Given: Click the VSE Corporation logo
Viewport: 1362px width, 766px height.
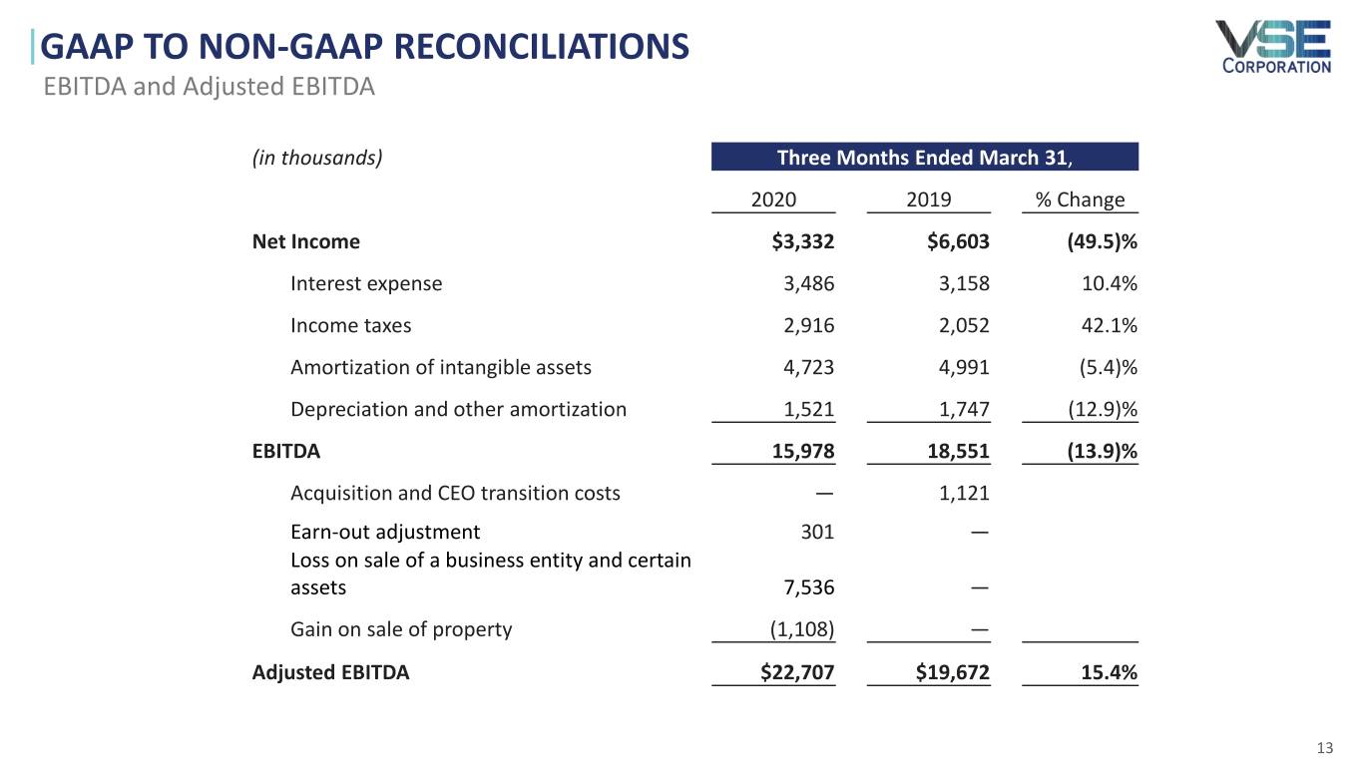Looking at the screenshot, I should [x=1272, y=46].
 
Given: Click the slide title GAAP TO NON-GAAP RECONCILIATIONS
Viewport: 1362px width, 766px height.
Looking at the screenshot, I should [x=366, y=46].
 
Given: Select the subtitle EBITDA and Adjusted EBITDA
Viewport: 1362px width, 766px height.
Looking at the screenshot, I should [x=209, y=87].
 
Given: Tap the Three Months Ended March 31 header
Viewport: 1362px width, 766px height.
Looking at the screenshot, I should [x=924, y=157].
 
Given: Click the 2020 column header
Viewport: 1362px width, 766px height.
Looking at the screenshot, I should [x=773, y=199].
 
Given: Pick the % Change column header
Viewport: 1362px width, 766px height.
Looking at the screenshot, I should [x=1080, y=199].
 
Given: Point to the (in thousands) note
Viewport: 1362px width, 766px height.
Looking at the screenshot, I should [x=317, y=157].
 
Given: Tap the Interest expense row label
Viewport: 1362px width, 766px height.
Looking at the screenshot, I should [x=365, y=283].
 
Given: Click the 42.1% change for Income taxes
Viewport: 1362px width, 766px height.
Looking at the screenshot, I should [x=1110, y=325].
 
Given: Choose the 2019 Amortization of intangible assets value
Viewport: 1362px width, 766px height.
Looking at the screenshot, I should [x=964, y=367].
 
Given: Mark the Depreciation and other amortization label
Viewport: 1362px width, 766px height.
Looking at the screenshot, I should [x=458, y=409].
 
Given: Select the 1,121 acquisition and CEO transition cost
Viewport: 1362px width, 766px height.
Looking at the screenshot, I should [x=964, y=493].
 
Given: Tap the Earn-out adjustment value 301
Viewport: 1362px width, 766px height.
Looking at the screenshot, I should [x=817, y=532].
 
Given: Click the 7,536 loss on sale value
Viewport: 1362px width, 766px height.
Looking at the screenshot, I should [x=808, y=587].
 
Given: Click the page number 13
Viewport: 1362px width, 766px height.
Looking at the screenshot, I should [x=1325, y=749].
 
